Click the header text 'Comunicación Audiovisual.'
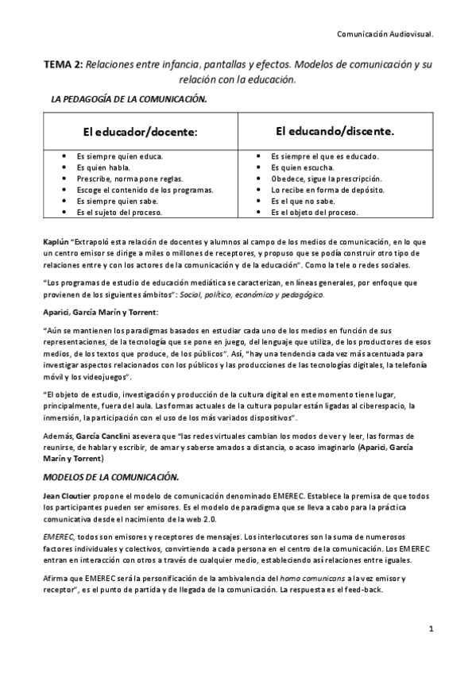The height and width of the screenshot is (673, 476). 385,34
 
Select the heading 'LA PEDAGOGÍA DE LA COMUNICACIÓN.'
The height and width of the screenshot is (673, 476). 129,99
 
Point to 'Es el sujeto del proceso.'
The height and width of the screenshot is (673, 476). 120,212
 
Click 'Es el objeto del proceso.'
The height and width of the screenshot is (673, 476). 315,212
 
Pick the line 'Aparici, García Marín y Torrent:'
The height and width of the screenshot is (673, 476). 102,312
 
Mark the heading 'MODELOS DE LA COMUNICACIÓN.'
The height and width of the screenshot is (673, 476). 110,477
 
